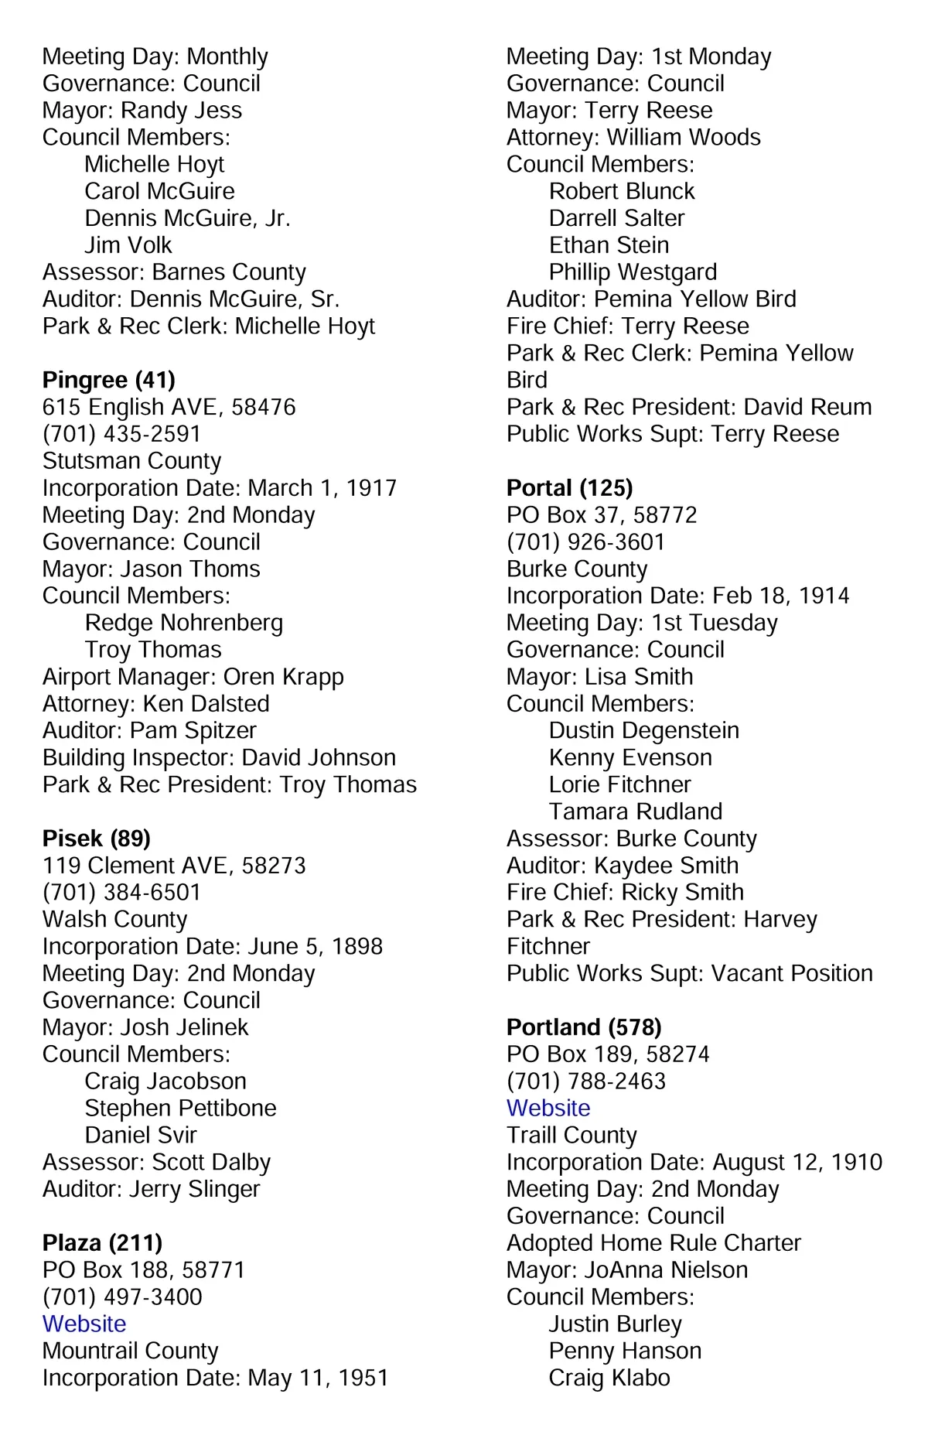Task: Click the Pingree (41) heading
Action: click(x=109, y=380)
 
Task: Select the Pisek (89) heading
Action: click(x=97, y=839)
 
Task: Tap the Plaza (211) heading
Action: click(x=102, y=1243)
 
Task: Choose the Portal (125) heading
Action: click(x=570, y=488)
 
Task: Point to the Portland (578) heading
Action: click(x=584, y=1027)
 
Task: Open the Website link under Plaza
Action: click(x=84, y=1324)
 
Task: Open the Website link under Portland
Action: click(x=548, y=1109)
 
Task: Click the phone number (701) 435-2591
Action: click(x=121, y=434)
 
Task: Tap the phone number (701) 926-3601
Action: click(x=585, y=542)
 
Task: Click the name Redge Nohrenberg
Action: click(x=184, y=623)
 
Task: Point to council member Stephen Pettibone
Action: click(x=180, y=1109)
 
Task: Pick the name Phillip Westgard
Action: click(x=633, y=272)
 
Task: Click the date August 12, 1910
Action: click(x=797, y=1163)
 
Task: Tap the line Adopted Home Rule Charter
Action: click(x=653, y=1243)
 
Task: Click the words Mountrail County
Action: click(x=131, y=1351)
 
